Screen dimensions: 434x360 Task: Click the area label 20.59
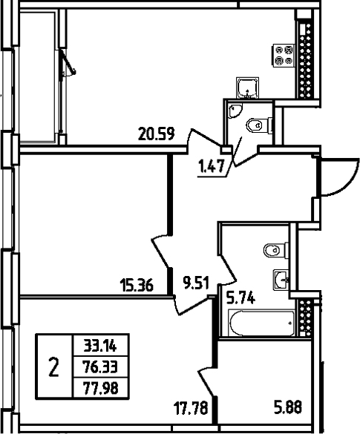pos(157,135)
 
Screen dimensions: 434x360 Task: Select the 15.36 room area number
pos(136,283)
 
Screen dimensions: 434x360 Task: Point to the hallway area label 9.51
pos(197,282)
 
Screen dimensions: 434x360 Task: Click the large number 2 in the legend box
pos(53,366)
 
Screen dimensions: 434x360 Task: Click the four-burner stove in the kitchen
pos(284,56)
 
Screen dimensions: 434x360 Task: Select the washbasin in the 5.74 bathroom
pos(281,279)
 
